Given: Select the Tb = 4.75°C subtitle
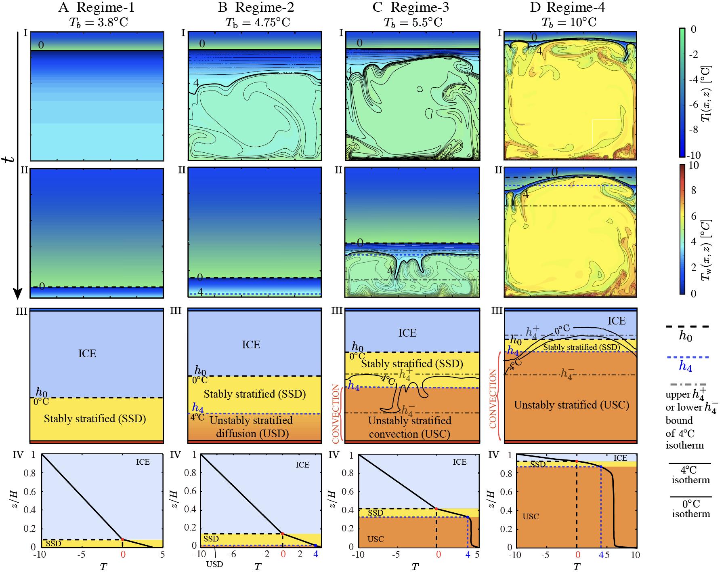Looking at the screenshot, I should point(255,22).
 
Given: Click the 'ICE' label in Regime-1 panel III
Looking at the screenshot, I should point(87,354).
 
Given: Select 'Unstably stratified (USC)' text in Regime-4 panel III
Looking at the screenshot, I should point(571,405).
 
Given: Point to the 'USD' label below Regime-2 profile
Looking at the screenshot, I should point(214,564).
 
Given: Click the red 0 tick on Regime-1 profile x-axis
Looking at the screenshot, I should point(123,555).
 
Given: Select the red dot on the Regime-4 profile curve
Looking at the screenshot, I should point(577,461).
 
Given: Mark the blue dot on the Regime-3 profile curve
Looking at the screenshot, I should point(468,517).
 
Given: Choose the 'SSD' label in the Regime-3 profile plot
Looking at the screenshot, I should point(376,513).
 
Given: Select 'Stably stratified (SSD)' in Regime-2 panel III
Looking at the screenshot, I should point(254,394).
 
